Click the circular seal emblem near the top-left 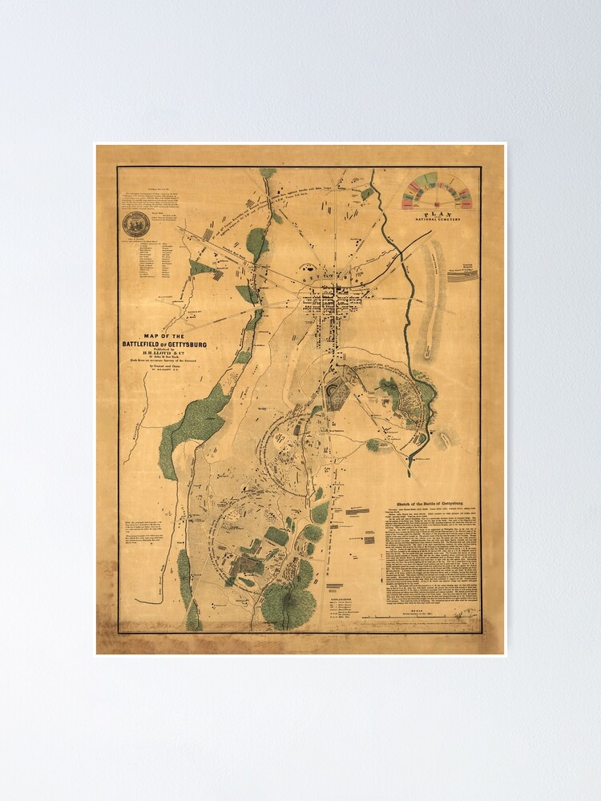point(135,224)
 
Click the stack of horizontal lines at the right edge point(467,275)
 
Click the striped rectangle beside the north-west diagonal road point(208,233)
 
